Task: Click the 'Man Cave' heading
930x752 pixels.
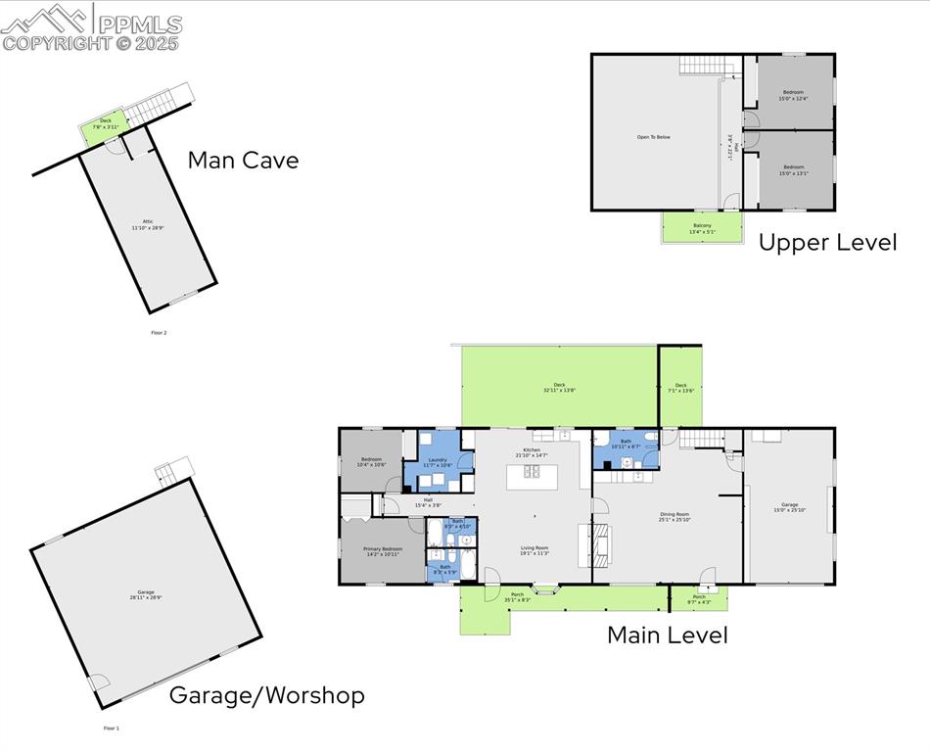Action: pos(243,161)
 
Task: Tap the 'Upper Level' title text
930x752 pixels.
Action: pos(827,243)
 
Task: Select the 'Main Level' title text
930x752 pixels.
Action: pos(667,634)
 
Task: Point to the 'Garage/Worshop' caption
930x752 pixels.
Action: pos(266,695)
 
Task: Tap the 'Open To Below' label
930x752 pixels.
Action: pos(653,137)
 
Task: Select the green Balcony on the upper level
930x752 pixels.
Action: pos(702,228)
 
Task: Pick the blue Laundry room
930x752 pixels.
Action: pos(437,462)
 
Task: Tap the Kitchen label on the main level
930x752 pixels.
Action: pos(533,451)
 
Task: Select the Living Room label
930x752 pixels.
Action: pos(534,550)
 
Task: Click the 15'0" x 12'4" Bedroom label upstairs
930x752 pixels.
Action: pos(792,95)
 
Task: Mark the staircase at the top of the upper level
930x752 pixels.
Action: pos(706,66)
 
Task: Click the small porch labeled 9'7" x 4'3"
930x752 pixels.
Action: pos(699,598)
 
